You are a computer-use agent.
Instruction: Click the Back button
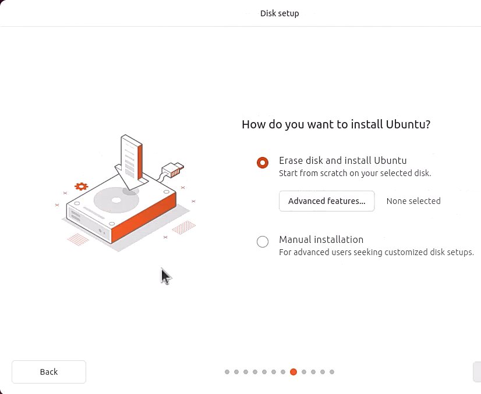point(49,372)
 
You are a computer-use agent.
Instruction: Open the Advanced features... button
point(327,201)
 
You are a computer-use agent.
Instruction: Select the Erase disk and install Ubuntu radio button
point(263,163)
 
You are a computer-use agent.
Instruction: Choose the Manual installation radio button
point(263,242)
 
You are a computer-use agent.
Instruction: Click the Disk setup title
point(280,13)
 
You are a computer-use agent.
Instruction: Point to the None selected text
point(413,201)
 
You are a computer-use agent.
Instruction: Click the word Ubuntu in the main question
point(408,124)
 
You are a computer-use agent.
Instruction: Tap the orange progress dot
point(293,372)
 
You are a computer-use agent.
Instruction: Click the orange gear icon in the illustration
point(81,187)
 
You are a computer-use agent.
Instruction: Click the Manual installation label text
point(321,239)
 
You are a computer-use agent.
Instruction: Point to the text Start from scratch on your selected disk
point(355,173)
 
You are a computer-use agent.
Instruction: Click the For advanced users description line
point(376,252)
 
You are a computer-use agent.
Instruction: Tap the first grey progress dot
point(227,372)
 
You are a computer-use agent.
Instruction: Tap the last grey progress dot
point(332,372)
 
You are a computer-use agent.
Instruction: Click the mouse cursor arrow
point(165,276)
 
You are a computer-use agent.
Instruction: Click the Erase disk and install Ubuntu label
point(342,160)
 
